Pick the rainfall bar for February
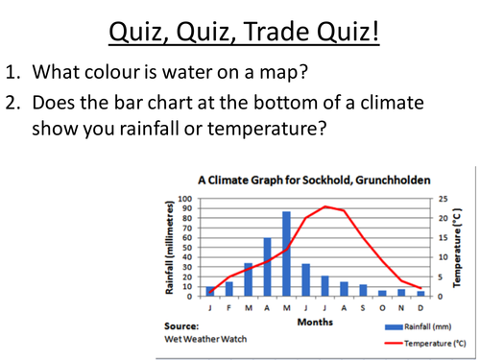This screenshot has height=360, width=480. [229, 288]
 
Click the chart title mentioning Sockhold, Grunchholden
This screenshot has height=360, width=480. [314, 180]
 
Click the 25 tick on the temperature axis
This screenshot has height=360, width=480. [443, 199]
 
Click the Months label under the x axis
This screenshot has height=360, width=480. [315, 323]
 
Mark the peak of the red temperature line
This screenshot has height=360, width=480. [325, 206]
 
